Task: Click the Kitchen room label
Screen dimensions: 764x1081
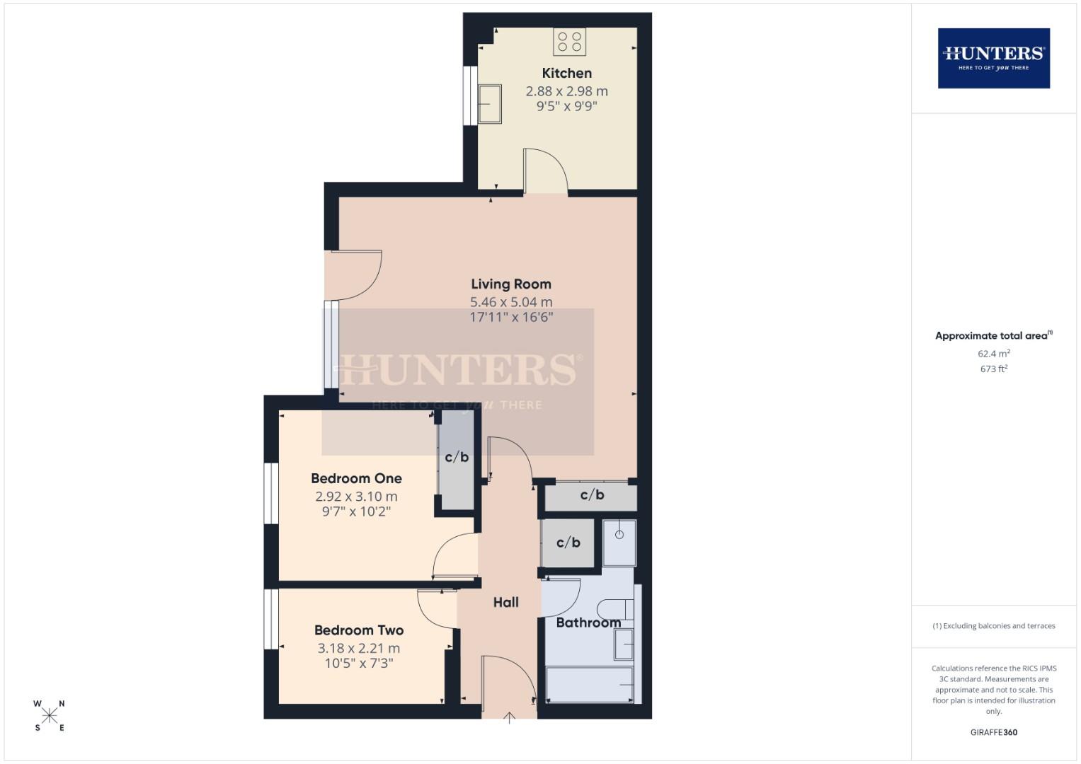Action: click(x=566, y=73)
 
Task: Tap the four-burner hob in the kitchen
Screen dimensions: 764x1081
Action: click(x=570, y=42)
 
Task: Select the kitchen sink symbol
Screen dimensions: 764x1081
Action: click(x=490, y=104)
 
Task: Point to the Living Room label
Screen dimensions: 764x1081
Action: click(x=510, y=284)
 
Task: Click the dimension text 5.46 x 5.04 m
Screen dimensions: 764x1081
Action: click(x=510, y=302)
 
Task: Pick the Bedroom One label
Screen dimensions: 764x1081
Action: click(x=356, y=478)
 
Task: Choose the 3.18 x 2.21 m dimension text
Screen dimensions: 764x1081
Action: click(x=358, y=648)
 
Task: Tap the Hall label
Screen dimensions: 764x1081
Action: click(x=505, y=602)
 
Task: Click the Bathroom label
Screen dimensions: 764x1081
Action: click(x=588, y=623)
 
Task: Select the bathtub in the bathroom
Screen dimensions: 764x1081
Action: click(x=590, y=685)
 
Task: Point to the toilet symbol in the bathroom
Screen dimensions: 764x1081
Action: click(x=614, y=608)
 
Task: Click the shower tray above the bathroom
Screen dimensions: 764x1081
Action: click(x=619, y=543)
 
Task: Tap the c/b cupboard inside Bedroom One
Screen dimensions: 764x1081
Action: click(x=457, y=458)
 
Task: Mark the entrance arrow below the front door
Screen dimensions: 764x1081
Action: click(x=509, y=718)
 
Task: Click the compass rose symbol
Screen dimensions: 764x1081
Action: click(x=50, y=715)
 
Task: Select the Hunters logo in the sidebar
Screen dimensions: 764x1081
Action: click(x=993, y=58)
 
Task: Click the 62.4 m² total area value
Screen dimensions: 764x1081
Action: click(x=993, y=353)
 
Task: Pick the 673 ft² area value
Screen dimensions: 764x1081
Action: click(x=993, y=369)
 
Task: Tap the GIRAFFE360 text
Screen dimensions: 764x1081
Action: click(x=993, y=732)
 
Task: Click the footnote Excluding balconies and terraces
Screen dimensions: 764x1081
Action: click(x=993, y=626)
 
